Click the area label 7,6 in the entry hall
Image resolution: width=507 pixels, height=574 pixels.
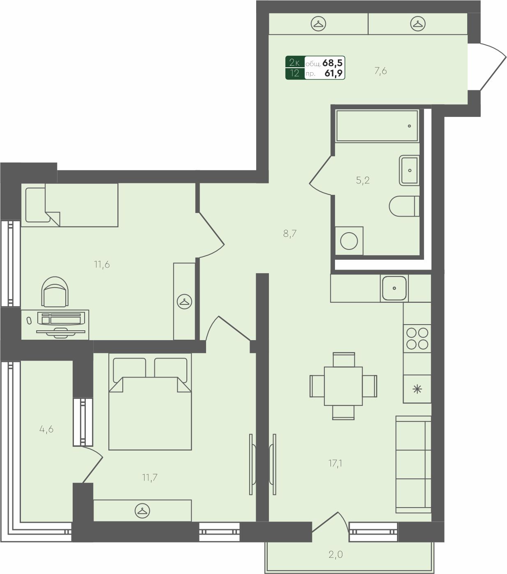pyautogui.click(x=381, y=71)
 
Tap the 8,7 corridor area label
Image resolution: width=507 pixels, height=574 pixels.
pyautogui.click(x=290, y=234)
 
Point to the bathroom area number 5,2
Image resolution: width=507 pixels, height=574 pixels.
pyautogui.click(x=362, y=180)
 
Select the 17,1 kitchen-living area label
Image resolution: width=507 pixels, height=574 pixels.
pyautogui.click(x=335, y=463)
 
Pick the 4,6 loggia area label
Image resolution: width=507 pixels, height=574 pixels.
pyautogui.click(x=46, y=429)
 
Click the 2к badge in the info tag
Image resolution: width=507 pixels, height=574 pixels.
pyautogui.click(x=295, y=62)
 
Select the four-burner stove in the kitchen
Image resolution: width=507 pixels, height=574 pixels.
pyautogui.click(x=417, y=338)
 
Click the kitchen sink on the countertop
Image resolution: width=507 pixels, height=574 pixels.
pyautogui.click(x=394, y=288)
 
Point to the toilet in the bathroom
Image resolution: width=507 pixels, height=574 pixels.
pyautogui.click(x=404, y=206)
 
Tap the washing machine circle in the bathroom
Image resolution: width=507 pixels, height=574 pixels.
pyautogui.click(x=349, y=241)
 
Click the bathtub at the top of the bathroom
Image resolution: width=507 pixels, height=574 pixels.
pyautogui.click(x=377, y=126)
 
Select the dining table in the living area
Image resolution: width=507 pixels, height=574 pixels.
pyautogui.click(x=343, y=386)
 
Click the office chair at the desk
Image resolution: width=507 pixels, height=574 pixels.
pyautogui.click(x=55, y=292)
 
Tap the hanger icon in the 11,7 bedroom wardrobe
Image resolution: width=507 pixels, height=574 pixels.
pyautogui.click(x=142, y=510)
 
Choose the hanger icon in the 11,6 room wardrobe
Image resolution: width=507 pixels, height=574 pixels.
pyautogui.click(x=184, y=302)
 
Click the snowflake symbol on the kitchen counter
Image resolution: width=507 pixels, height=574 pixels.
pyautogui.click(x=417, y=389)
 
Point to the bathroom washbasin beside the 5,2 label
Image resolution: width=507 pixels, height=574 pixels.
pyautogui.click(x=409, y=170)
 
